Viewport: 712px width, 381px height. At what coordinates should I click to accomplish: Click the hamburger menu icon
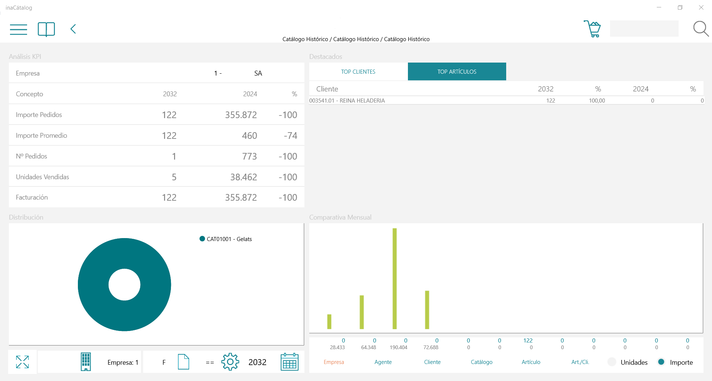19,29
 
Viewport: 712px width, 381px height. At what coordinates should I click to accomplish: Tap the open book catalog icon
46,29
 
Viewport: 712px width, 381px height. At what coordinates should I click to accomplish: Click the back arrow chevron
73,29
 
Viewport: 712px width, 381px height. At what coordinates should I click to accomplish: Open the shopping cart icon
592,29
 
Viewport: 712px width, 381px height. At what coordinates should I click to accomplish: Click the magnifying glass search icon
701,29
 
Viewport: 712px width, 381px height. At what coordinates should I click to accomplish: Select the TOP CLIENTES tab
358,72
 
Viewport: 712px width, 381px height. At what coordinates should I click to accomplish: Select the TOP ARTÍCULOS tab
457,71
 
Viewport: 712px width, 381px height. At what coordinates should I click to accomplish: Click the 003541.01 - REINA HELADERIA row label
347,101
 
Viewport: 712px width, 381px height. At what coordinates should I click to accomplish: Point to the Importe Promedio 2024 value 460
250,136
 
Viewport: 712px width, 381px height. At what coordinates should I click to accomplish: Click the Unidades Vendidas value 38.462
244,177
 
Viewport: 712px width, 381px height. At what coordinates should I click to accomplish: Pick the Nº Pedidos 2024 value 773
250,156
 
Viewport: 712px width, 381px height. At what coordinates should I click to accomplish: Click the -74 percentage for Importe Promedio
290,136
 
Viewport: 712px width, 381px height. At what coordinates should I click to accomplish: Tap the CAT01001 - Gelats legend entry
225,239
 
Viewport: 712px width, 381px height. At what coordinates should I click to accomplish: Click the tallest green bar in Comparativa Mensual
395,278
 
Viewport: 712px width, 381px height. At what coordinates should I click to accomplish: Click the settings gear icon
230,362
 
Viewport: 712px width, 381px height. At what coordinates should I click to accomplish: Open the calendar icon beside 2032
290,362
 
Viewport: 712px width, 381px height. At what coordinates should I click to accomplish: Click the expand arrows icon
22,362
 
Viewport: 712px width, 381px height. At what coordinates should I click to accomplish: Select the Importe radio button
661,362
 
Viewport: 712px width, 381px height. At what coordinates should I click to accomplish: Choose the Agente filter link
383,362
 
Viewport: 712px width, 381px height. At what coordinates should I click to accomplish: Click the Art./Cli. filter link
580,362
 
